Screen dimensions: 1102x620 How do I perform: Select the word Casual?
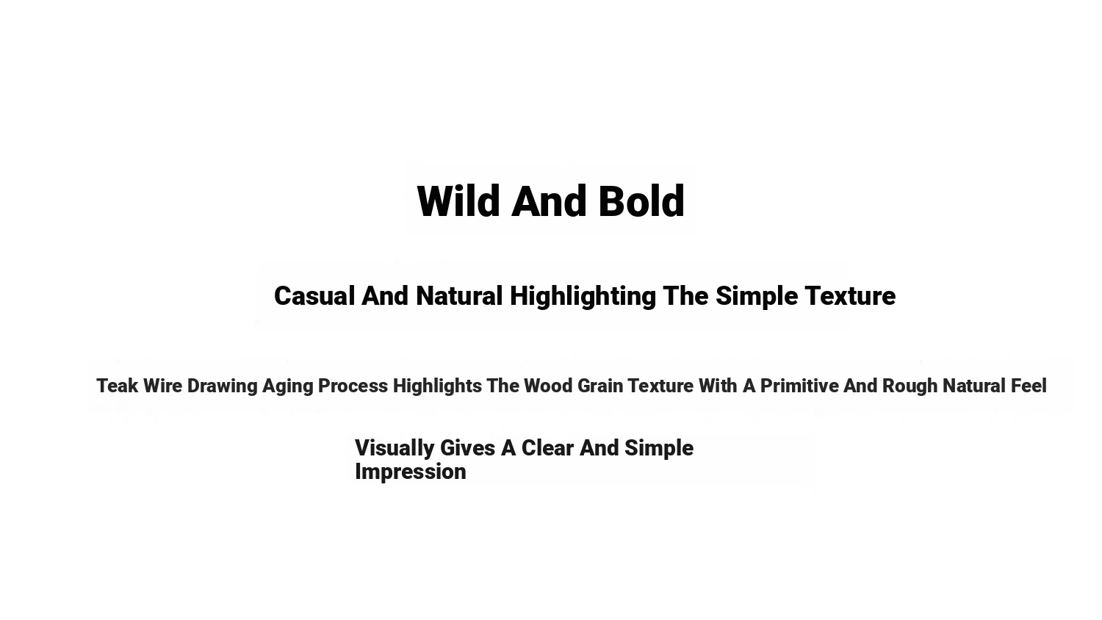[314, 296]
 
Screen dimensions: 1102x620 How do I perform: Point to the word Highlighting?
[583, 297]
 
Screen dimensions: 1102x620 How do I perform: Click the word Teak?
[117, 386]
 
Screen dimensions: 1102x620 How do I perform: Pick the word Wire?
[163, 386]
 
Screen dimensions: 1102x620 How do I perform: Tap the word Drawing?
[223, 386]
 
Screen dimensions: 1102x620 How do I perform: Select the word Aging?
[288, 386]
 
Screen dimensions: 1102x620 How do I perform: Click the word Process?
[353, 386]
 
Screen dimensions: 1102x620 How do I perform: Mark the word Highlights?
[437, 386]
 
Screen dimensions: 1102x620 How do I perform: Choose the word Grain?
[600, 386]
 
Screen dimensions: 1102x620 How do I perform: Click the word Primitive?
[799, 386]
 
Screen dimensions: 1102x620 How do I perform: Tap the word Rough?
[910, 386]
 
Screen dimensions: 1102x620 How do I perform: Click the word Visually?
[395, 449]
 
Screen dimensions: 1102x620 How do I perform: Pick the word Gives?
[467, 448]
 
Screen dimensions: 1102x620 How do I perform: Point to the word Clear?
[547, 448]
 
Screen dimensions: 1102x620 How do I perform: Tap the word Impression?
[411, 472]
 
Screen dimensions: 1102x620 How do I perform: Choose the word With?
[718, 386]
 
